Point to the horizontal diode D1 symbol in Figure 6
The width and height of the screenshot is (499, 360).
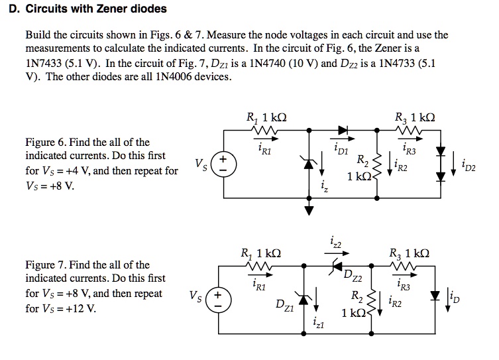[x=343, y=131]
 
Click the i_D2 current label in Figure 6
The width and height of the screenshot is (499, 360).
[x=467, y=163]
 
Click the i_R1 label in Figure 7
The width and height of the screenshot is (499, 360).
[x=259, y=284]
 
